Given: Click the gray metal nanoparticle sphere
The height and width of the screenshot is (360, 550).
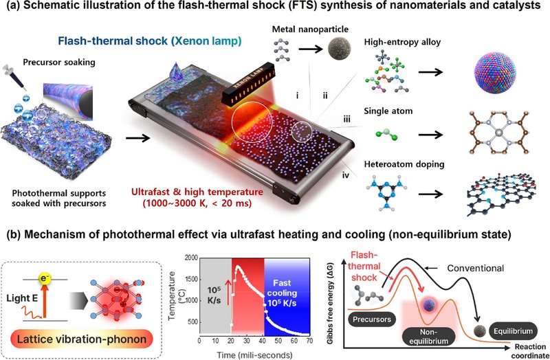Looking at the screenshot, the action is [x=339, y=48].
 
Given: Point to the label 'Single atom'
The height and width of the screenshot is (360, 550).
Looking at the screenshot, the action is [x=388, y=111].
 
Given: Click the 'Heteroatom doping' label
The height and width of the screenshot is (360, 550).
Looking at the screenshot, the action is [x=404, y=164].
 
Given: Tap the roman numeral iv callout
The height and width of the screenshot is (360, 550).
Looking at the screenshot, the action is [x=346, y=175].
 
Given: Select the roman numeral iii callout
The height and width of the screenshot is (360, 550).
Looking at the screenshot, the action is [x=346, y=119].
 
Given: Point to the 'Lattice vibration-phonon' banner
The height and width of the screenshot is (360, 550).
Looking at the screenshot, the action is [x=82, y=339].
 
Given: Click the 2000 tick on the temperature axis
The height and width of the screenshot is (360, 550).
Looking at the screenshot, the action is [x=191, y=258].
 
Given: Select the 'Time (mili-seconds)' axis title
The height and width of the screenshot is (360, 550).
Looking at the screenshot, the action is [x=254, y=355].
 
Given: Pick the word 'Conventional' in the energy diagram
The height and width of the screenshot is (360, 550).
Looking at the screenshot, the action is [x=475, y=268].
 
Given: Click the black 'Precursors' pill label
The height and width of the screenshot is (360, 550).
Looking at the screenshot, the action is [x=372, y=319].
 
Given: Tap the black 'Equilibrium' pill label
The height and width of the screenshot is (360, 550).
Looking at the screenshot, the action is [x=513, y=331].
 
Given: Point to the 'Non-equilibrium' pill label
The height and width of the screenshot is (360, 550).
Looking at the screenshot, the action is [x=428, y=337].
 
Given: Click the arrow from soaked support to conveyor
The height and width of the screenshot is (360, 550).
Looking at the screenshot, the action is [x=138, y=138].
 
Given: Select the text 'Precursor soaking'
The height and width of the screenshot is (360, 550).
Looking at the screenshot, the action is [x=59, y=63].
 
